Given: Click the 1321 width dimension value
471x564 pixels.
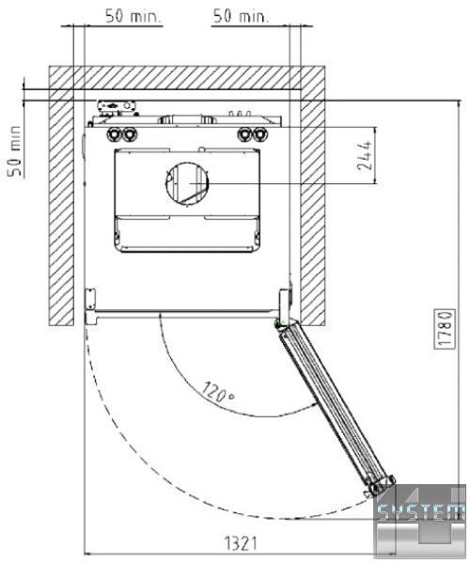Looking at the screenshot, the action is click(241, 543).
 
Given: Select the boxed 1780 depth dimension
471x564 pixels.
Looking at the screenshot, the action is click(445, 329).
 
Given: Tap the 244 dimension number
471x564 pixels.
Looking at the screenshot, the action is click(364, 156).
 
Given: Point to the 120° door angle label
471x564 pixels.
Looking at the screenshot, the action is click(218, 392).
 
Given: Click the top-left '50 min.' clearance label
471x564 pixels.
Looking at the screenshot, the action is click(133, 16).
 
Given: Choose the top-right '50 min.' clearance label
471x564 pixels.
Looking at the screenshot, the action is click(241, 16).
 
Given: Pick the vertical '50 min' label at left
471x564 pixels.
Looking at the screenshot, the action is click(15, 150).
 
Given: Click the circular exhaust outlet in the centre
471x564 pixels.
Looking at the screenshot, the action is click(187, 183).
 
